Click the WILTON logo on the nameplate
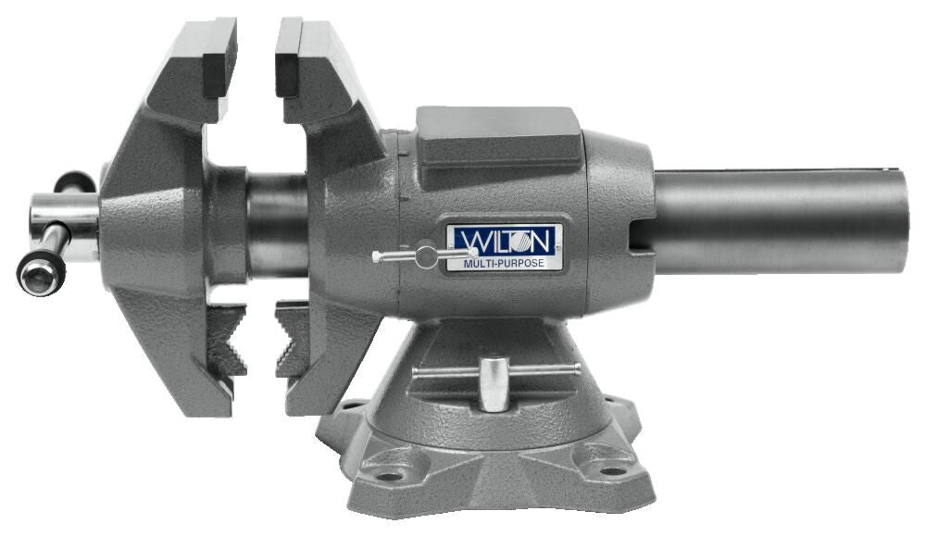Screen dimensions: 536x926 (x=505, y=241)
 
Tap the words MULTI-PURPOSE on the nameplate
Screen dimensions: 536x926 (x=505, y=263)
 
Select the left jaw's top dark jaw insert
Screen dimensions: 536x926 (x=219, y=60)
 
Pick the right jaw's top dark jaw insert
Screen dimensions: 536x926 (x=289, y=60)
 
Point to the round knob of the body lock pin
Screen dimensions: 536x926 (x=426, y=255)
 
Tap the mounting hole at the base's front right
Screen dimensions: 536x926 (x=611, y=470)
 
